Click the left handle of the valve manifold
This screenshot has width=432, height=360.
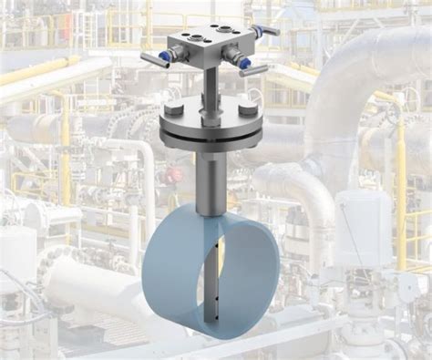tap(145, 58)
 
